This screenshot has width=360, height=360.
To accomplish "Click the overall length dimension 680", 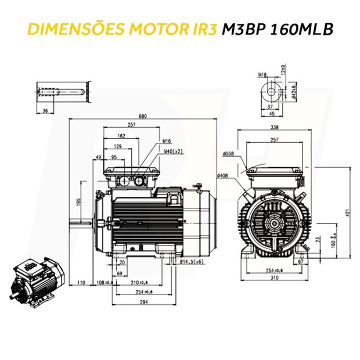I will click(143, 117).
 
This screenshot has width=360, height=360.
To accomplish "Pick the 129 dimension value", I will click(118, 146).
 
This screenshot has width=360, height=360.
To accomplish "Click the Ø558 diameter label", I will click(228, 154).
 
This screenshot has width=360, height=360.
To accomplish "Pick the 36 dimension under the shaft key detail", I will click(45, 110).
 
